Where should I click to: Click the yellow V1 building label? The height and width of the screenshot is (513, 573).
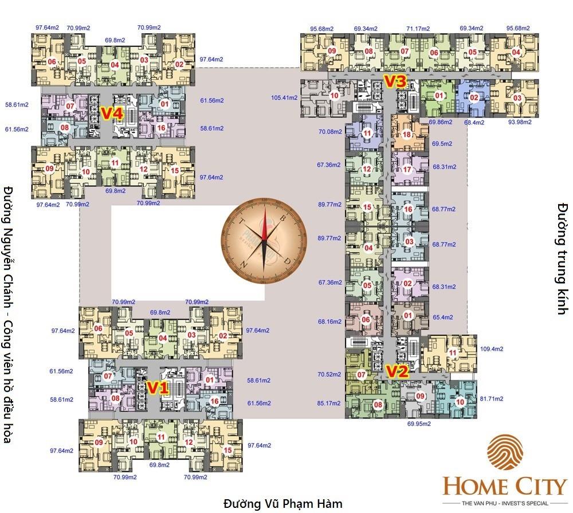[158, 388]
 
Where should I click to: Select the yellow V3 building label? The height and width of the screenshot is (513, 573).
[395, 82]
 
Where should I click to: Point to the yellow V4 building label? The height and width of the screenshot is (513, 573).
[112, 113]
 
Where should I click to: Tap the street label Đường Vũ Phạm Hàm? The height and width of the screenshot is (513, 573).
[282, 504]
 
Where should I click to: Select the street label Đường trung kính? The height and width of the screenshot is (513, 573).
[562, 258]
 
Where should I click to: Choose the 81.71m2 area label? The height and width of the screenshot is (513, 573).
[491, 398]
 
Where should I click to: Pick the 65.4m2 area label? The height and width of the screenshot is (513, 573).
[443, 316]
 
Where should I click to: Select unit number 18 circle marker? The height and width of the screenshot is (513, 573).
[406, 135]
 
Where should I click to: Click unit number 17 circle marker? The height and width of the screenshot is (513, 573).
[407, 170]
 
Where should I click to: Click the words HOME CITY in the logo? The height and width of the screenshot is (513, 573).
[504, 487]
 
